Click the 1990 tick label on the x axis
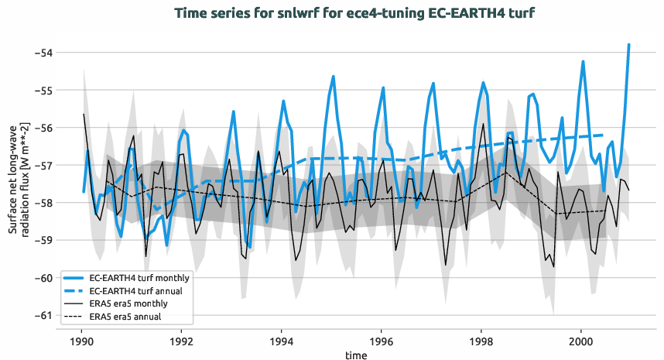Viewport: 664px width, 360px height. coord(81,341)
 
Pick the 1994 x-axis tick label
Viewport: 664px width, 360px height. coord(282,341)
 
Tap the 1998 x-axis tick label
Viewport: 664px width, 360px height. coord(481,341)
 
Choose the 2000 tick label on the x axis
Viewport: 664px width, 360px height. coord(582,341)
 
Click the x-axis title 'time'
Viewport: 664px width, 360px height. coord(357,355)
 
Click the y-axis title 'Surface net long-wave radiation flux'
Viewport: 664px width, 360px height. coord(19,184)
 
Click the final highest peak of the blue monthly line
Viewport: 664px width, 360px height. coord(629,45)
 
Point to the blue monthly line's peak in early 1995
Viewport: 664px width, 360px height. coord(334,77)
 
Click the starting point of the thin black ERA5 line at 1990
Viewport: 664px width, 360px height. coord(84,115)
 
